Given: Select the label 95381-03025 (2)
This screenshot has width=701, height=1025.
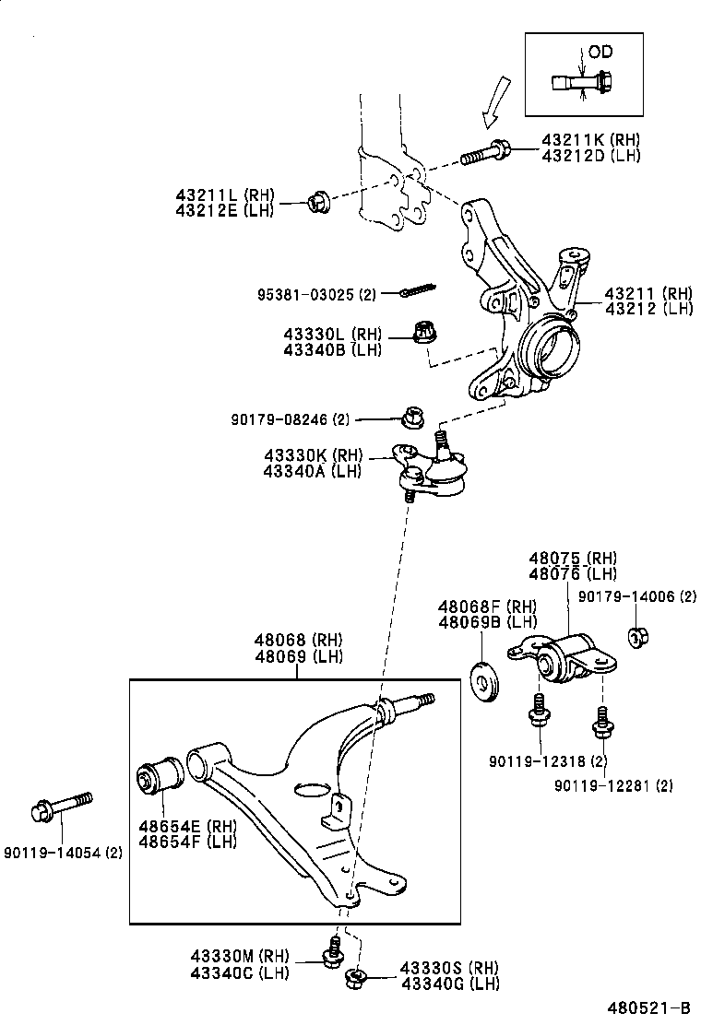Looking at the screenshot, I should [x=317, y=294].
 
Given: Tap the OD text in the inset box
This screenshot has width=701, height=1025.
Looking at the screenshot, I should [x=600, y=52].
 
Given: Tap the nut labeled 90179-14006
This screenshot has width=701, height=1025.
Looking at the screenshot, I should [x=636, y=636].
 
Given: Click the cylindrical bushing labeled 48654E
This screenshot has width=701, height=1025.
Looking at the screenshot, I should [x=161, y=774].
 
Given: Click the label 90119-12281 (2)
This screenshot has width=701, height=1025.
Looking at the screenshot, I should [x=613, y=785].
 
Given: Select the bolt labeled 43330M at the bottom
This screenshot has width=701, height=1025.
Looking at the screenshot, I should [x=333, y=953].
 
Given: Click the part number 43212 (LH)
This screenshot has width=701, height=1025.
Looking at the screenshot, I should [x=648, y=309].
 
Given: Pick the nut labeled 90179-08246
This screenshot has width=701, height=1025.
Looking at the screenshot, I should [x=411, y=419].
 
